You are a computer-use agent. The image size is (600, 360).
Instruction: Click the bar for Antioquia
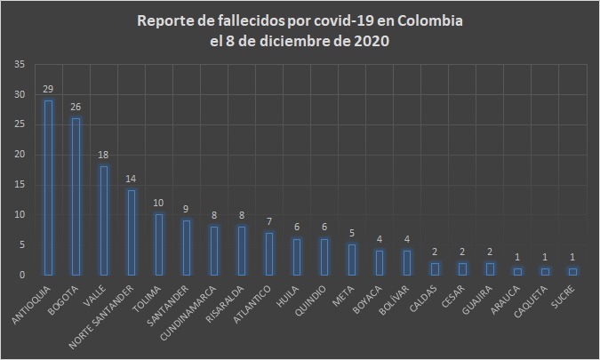[x=48, y=188]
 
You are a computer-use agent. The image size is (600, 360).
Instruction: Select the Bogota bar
[x=76, y=196]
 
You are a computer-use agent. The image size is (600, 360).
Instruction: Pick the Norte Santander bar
[x=132, y=232]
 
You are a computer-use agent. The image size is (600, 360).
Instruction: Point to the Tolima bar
[x=159, y=244]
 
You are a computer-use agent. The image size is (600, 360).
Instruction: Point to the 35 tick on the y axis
[x=20, y=65]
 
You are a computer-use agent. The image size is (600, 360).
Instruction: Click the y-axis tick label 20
[x=20, y=155]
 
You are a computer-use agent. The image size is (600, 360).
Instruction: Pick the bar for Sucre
[x=572, y=271]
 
